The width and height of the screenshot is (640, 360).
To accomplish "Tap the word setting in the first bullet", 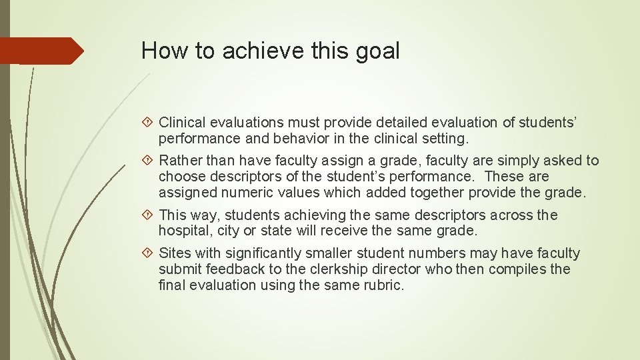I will (x=447, y=139).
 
